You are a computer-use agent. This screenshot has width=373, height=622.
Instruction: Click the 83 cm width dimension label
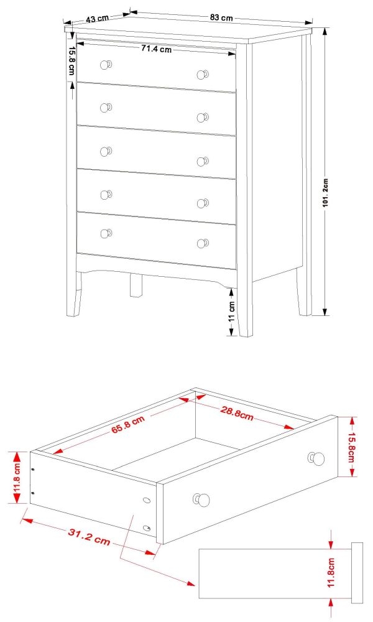coord(221,18)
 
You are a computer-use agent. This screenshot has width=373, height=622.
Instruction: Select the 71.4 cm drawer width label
coord(156,49)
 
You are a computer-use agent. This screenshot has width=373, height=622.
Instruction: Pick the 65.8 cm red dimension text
coord(127,427)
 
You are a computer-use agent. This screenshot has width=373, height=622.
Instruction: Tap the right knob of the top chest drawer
coord(203,75)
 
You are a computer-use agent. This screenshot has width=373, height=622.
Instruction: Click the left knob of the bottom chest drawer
coord(106,233)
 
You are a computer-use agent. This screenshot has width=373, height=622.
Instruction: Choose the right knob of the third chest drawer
coord(203,161)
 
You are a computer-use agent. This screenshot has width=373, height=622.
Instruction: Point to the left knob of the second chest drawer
coord(106,107)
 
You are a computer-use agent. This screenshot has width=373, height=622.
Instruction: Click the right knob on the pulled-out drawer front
coord(318,458)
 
